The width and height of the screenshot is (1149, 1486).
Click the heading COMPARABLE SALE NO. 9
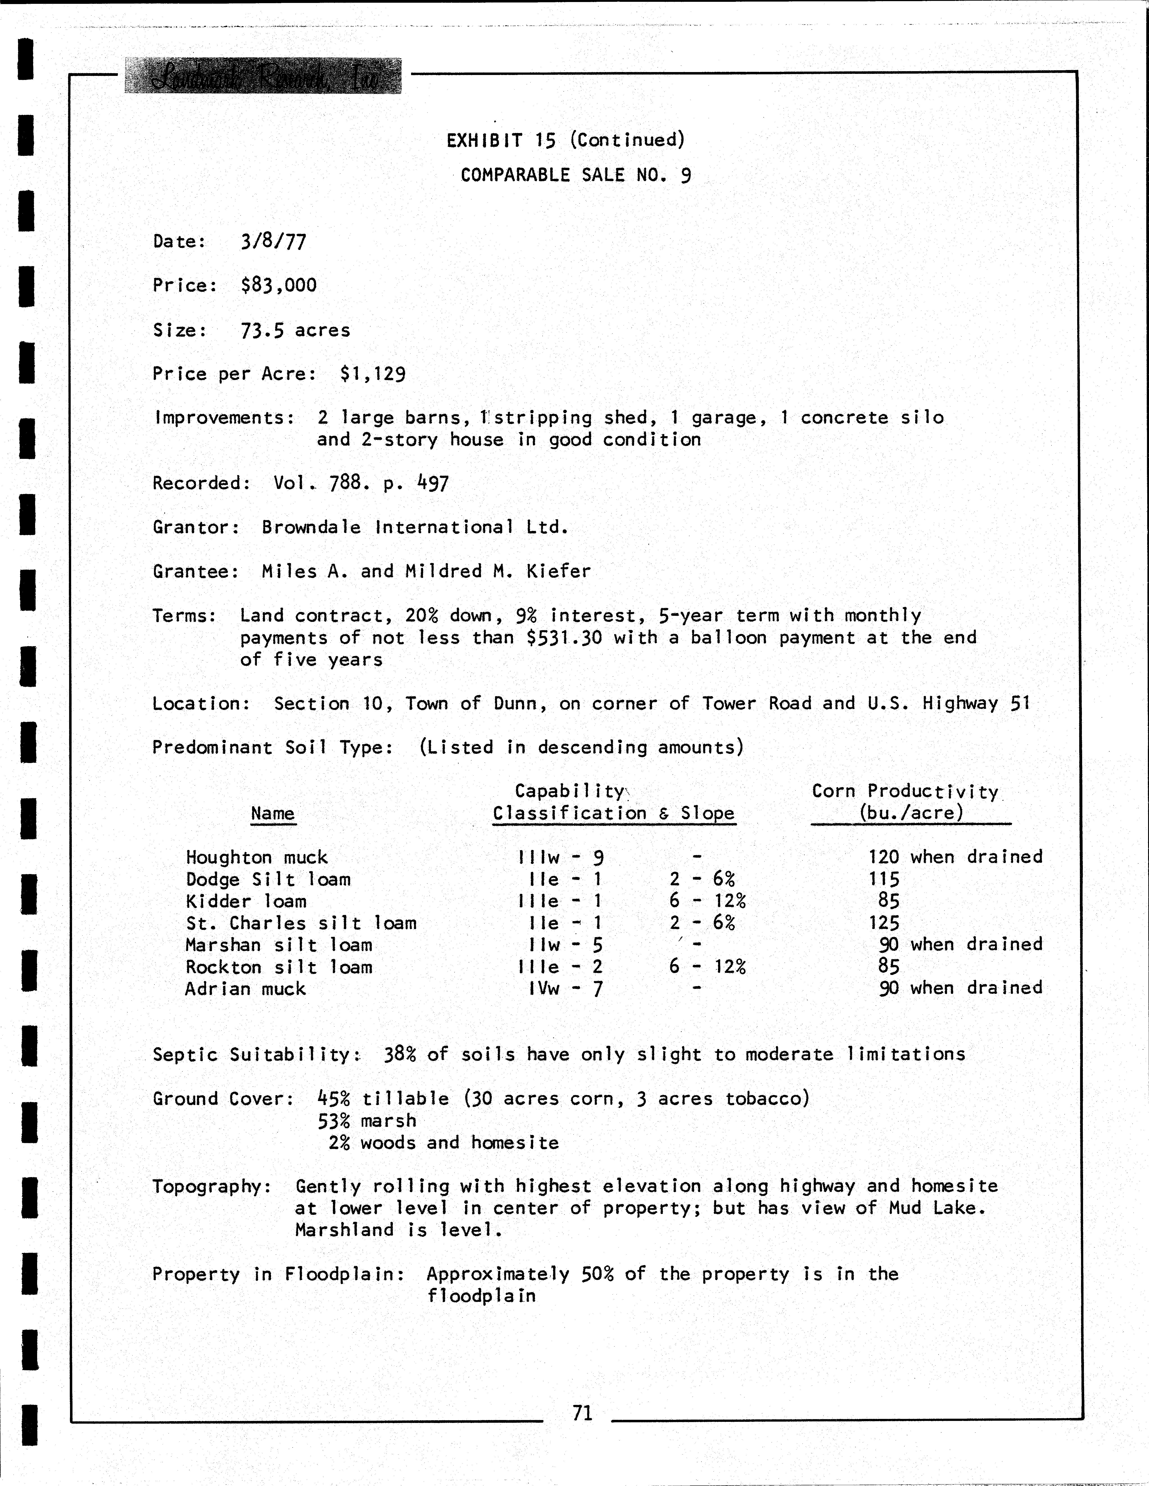576,176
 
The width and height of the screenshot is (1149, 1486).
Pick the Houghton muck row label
256,857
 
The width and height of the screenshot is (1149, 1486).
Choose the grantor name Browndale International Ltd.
415,527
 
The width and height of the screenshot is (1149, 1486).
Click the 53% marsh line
367,1121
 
